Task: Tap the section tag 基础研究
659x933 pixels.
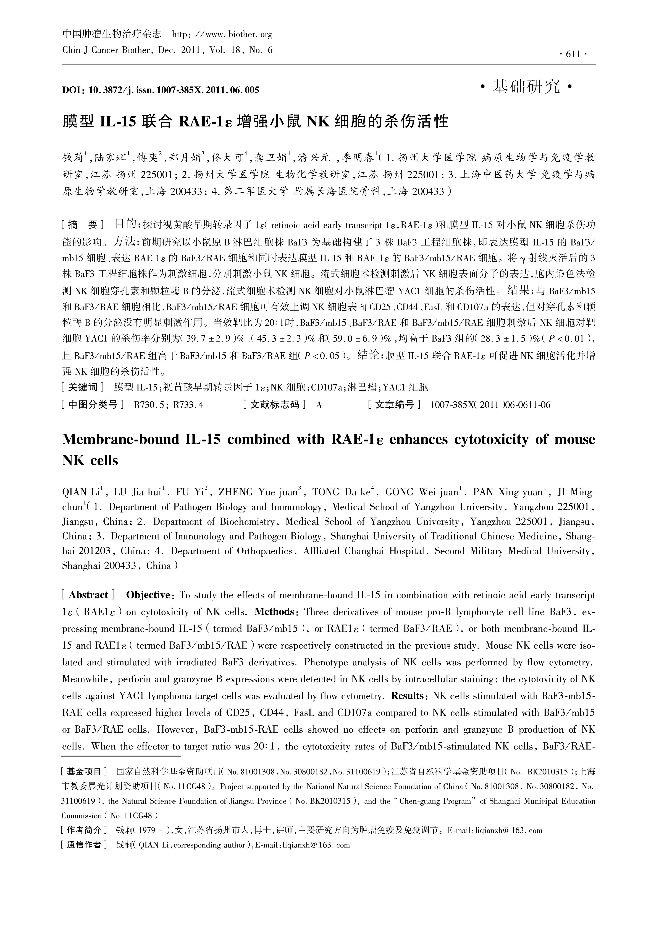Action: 526,87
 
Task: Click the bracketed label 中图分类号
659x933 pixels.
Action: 93,405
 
